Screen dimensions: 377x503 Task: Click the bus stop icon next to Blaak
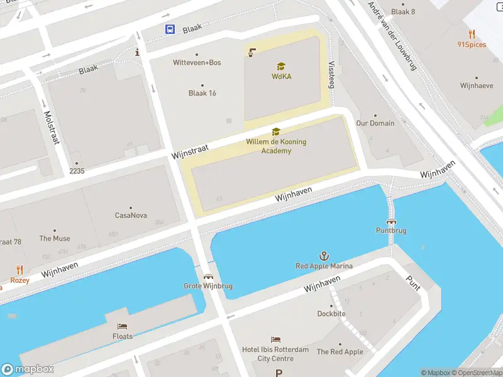(x=170, y=29)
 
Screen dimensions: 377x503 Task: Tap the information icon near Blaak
(x=138, y=53)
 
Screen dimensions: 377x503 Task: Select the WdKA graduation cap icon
(x=281, y=66)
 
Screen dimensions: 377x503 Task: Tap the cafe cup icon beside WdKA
(x=253, y=52)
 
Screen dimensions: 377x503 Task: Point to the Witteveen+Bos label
(x=197, y=62)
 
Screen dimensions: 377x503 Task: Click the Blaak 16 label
(x=202, y=93)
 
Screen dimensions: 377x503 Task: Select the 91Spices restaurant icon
(x=472, y=34)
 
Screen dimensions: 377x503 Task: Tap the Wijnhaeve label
(x=476, y=85)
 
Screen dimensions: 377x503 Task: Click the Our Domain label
(x=375, y=123)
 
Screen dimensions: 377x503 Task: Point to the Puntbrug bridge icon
(x=391, y=221)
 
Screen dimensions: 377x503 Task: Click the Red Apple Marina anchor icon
(x=324, y=256)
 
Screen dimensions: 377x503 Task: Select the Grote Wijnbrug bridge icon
(x=208, y=276)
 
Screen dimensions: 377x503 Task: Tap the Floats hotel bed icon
(x=123, y=327)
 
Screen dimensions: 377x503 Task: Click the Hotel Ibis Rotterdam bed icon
(x=275, y=340)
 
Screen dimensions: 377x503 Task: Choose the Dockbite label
(x=331, y=314)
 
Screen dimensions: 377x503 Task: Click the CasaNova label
(x=131, y=216)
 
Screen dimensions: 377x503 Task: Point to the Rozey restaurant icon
(x=19, y=270)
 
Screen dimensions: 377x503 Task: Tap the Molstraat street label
(x=51, y=128)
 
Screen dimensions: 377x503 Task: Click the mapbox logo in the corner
(x=28, y=369)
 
